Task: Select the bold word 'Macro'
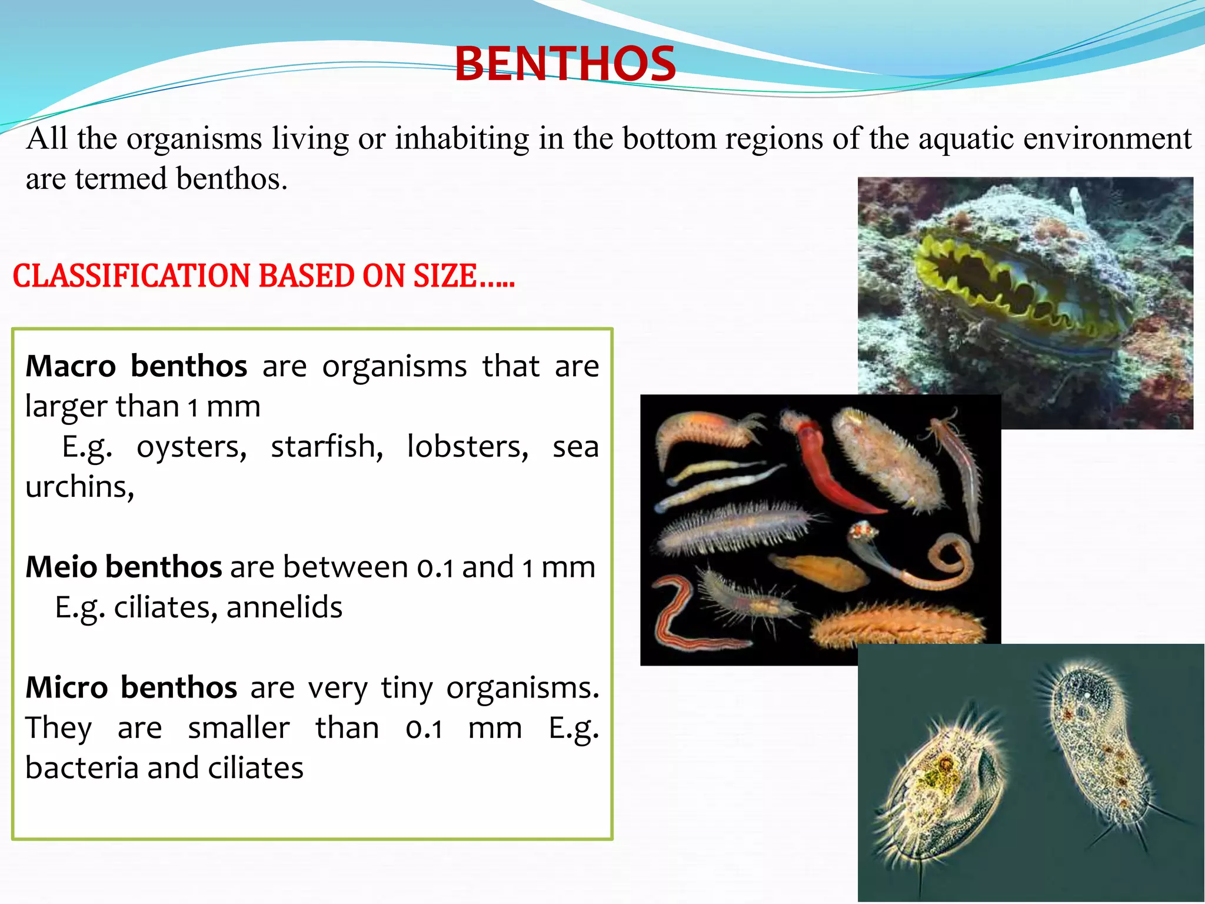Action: [71, 366]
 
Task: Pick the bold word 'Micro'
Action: [66, 687]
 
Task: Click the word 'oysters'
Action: [191, 447]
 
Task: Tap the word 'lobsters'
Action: [468, 447]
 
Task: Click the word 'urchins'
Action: [79, 487]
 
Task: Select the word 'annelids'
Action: [284, 607]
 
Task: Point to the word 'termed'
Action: [121, 179]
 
